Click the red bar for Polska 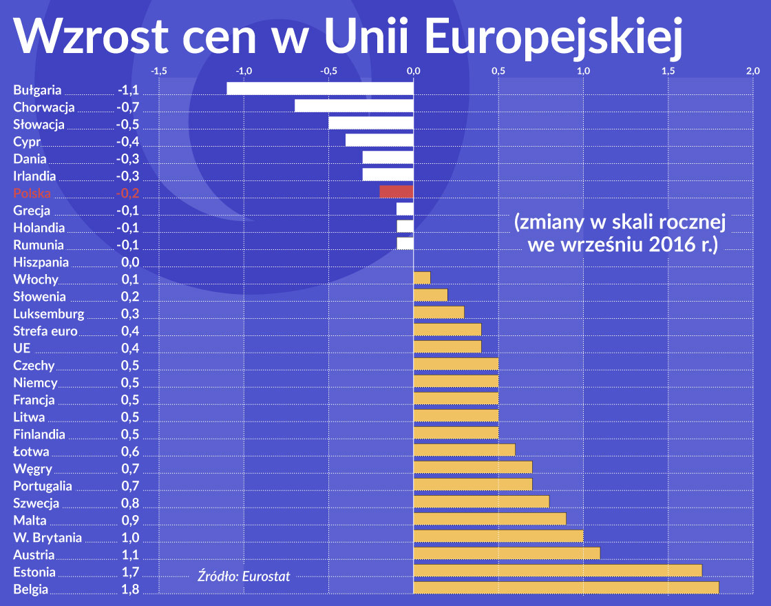point(397,191)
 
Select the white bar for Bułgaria point(320,88)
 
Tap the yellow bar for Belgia point(566,587)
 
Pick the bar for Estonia point(558,570)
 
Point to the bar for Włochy point(422,278)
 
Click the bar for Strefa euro point(447,329)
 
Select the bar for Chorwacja point(354,105)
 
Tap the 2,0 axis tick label point(752,71)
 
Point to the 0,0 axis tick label point(413,71)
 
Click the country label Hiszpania point(41,262)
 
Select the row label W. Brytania point(47,538)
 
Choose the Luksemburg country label point(49,314)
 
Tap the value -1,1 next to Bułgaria point(128,90)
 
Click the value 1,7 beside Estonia point(130,572)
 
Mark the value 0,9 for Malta point(130,521)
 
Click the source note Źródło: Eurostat point(244,576)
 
